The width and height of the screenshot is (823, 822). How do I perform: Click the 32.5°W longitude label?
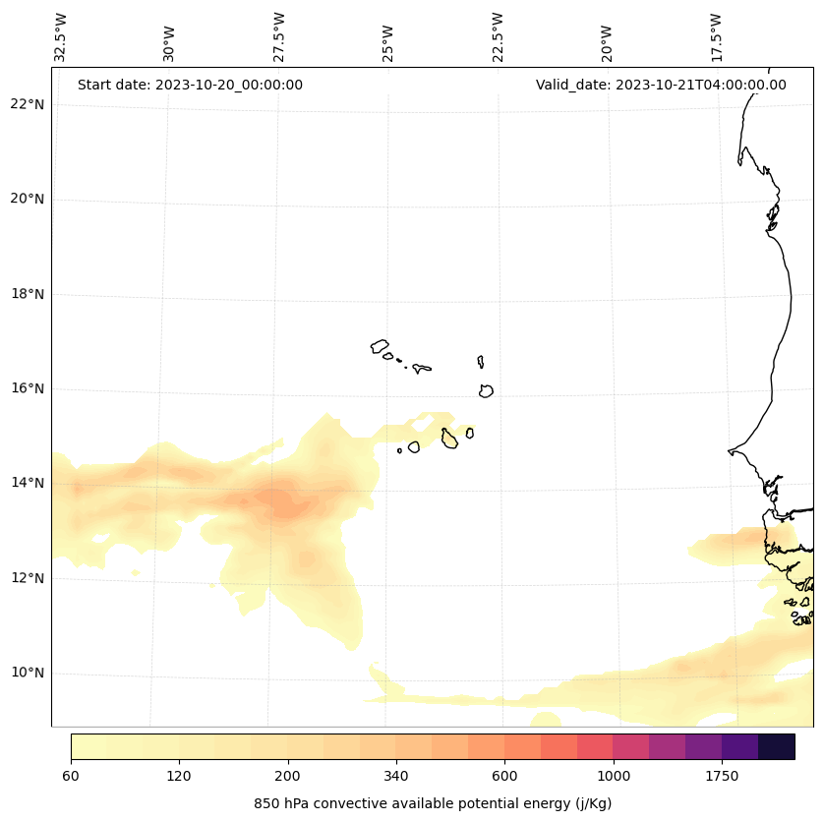pos(61,37)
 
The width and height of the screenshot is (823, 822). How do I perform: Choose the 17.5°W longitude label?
pos(717,37)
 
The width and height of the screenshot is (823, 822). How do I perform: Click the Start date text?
pos(190,85)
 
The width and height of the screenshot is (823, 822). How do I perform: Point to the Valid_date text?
pos(661,85)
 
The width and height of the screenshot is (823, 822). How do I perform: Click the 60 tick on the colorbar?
pos(71,777)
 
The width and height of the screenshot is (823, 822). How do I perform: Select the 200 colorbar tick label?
pos(287,777)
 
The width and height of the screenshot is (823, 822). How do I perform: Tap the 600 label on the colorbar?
pos(504,777)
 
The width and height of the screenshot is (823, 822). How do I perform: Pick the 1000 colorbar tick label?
pos(613,777)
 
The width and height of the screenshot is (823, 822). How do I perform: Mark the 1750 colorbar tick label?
pos(722,777)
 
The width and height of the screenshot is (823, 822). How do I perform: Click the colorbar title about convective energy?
pos(433,803)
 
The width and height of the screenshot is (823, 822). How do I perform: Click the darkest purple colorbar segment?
pos(776,746)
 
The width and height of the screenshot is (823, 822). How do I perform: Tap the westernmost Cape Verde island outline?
pos(380,346)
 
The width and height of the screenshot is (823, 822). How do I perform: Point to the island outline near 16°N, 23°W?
pos(486,390)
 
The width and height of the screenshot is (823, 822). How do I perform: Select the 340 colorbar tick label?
pos(396,777)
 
